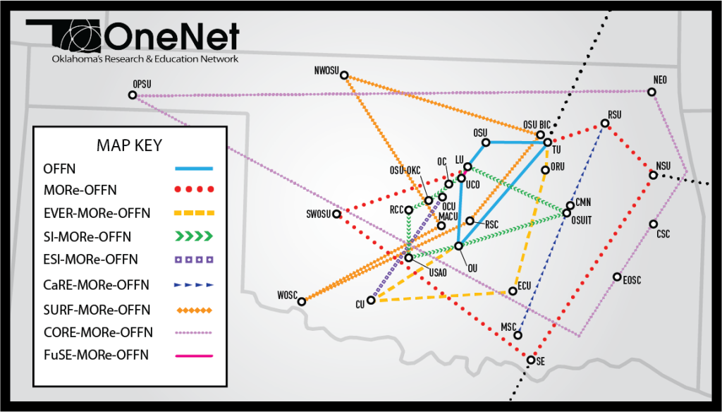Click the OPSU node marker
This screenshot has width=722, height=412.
click(x=133, y=95)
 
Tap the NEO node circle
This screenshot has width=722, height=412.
click(x=652, y=92)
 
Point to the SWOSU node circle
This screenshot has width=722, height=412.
click(x=337, y=214)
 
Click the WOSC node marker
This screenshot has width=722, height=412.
click(x=302, y=302)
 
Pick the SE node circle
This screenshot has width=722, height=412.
click(x=531, y=360)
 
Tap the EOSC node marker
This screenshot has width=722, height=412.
click(x=617, y=277)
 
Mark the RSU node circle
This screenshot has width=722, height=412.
click(x=606, y=124)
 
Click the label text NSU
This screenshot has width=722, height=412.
click(x=663, y=166)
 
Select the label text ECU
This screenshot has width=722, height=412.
click(x=524, y=286)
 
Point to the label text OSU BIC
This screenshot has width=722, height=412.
click(x=536, y=125)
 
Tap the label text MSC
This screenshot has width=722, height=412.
click(x=508, y=327)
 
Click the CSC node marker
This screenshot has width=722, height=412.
click(x=653, y=224)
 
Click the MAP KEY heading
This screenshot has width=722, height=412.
click(x=129, y=145)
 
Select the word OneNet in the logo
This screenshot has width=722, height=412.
click(x=172, y=36)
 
